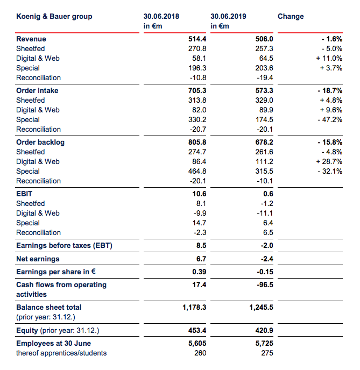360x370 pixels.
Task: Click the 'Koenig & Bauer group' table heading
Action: tap(54, 17)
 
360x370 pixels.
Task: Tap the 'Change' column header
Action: tap(291, 16)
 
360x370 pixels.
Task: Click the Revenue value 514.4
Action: tap(197, 39)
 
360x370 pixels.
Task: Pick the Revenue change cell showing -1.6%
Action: tap(331, 39)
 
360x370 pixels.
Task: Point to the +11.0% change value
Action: tap(329, 58)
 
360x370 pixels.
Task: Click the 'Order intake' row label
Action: tap(37, 90)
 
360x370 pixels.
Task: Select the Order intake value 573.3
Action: tap(264, 90)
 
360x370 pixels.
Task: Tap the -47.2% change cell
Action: tap(330, 119)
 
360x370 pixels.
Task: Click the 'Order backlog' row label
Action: tap(40, 143)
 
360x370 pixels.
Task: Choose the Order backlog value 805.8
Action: tap(197, 143)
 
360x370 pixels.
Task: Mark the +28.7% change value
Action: tap(329, 162)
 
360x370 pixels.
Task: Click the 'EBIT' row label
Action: tap(24, 194)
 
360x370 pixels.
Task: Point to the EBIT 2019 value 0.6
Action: tap(268, 194)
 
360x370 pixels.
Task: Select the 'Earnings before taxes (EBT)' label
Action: tap(64, 246)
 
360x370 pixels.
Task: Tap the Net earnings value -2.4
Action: tap(267, 259)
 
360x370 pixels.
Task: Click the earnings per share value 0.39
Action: tap(199, 272)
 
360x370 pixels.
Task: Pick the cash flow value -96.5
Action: tap(265, 285)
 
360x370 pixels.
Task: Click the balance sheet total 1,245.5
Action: tap(262, 308)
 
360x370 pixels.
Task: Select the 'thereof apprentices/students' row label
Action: tap(61, 353)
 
